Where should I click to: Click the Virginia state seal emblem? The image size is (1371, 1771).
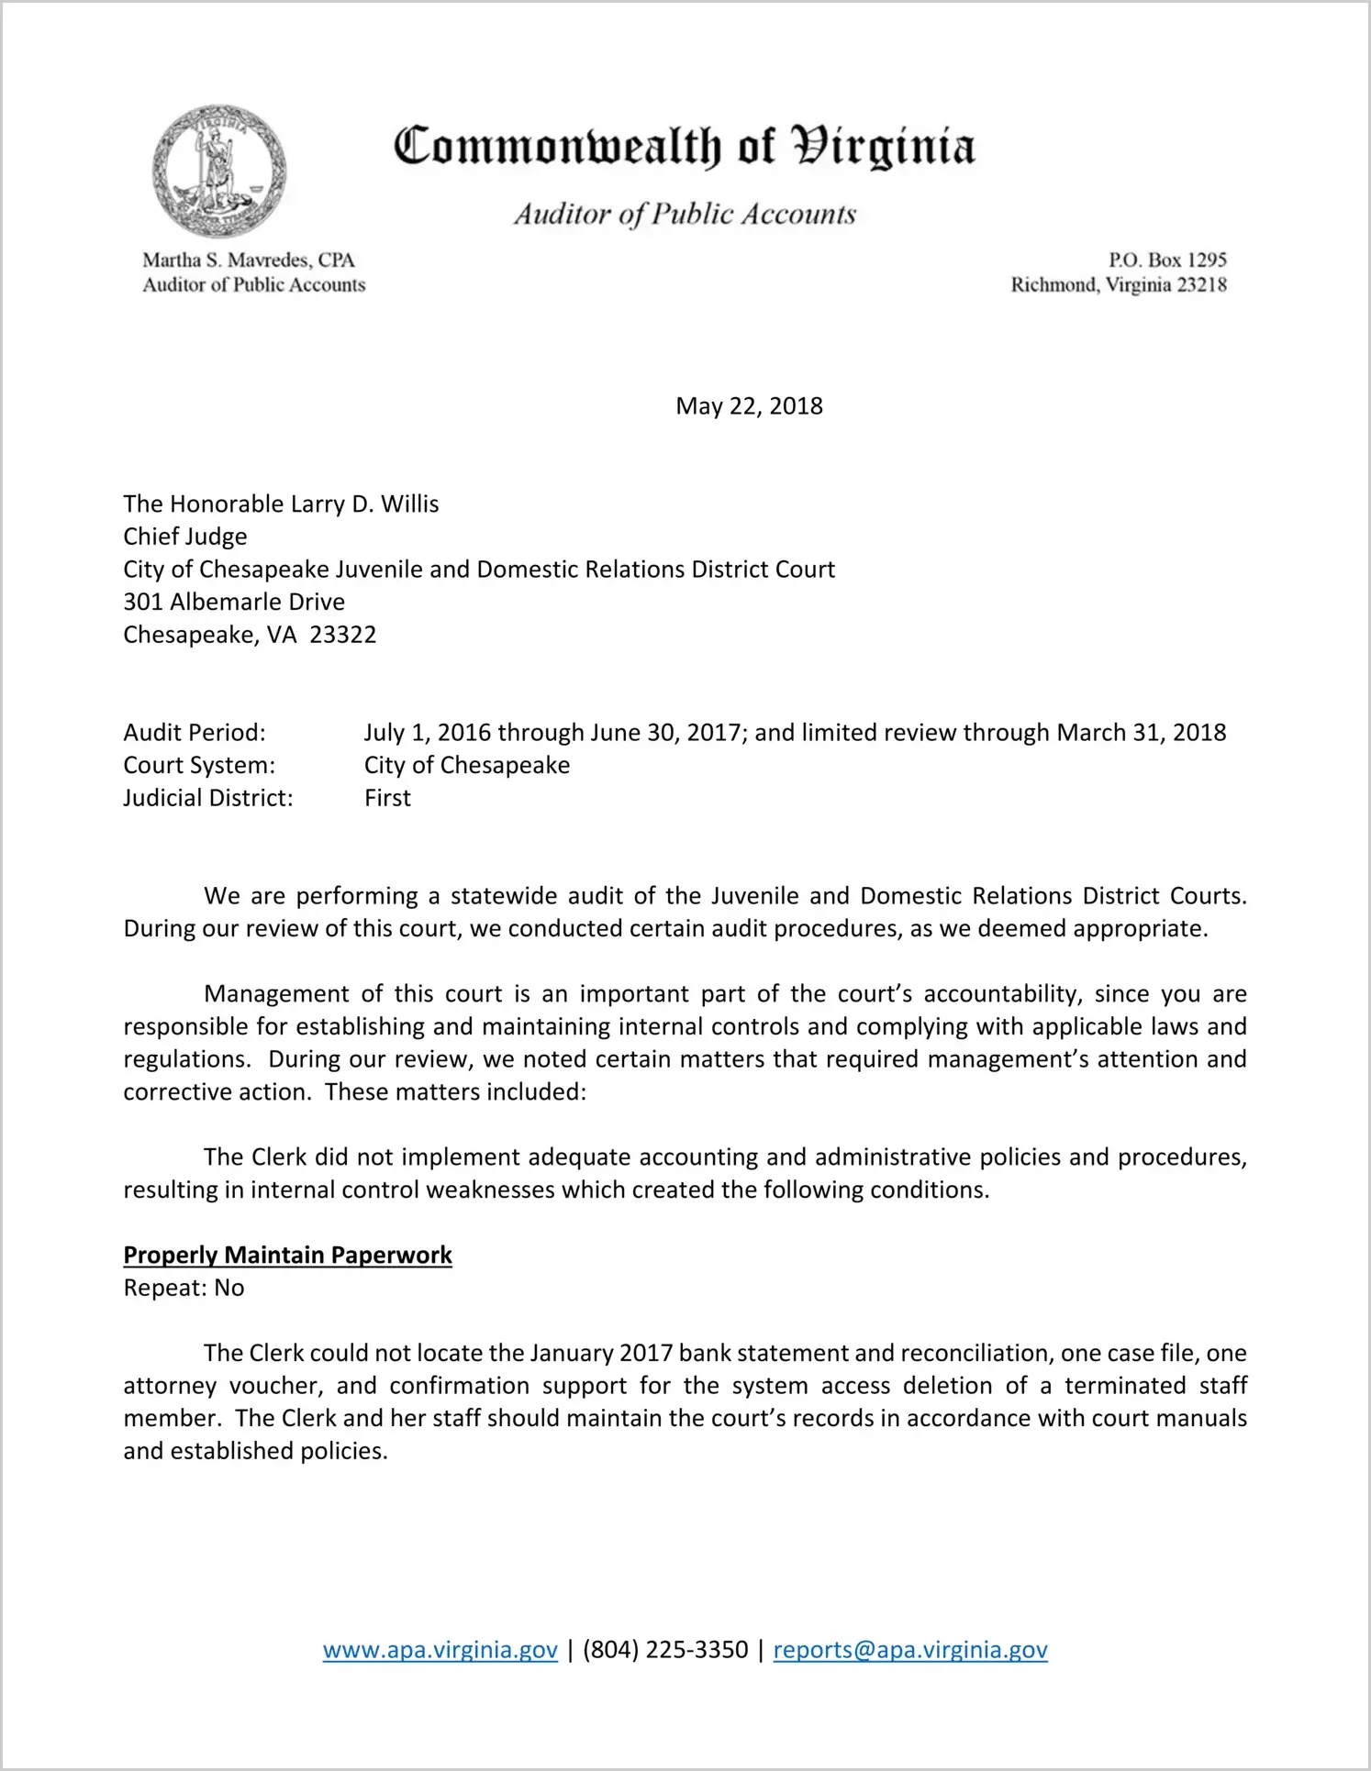pyautogui.click(x=218, y=172)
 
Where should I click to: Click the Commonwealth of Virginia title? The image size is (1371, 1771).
pyautogui.click(x=684, y=147)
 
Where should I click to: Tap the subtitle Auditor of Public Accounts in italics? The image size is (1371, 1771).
pyautogui.click(x=685, y=215)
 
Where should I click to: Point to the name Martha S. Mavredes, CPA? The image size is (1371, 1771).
pyautogui.click(x=249, y=260)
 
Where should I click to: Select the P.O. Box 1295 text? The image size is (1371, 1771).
pyautogui.click(x=1167, y=260)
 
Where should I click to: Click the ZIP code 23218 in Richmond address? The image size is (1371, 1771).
pyautogui.click(x=1201, y=285)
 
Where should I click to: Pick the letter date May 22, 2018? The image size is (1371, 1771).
pyautogui.click(x=749, y=406)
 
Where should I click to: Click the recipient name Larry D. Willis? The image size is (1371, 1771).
pyautogui.click(x=364, y=504)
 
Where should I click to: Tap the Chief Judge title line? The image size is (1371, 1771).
pyautogui.click(x=185, y=537)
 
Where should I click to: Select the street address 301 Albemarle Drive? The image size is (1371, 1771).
pyautogui.click(x=234, y=603)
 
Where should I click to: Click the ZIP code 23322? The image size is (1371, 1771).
pyautogui.click(x=343, y=635)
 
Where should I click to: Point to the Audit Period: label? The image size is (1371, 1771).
pyautogui.click(x=195, y=733)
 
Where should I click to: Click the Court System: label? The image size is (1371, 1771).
pyautogui.click(x=199, y=765)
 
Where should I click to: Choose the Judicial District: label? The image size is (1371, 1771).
pyautogui.click(x=208, y=798)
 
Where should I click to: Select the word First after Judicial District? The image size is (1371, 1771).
pyautogui.click(x=387, y=798)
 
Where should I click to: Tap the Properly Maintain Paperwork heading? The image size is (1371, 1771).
pyautogui.click(x=287, y=1256)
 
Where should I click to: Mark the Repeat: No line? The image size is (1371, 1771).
pyautogui.click(x=184, y=1288)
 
